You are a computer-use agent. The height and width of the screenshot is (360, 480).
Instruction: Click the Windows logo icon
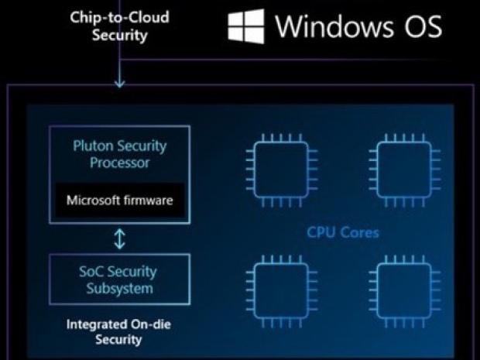246,26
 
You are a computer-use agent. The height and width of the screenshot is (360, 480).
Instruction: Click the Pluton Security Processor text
119,154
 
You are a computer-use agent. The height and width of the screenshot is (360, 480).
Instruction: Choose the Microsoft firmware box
119,201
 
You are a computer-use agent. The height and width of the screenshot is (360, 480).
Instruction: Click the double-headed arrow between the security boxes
119,238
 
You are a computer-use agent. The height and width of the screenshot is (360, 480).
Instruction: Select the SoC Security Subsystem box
119,279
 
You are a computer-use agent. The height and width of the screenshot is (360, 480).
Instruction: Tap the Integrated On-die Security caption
119,332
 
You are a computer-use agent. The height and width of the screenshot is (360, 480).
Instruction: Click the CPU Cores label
342,232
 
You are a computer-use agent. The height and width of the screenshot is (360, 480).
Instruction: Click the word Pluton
94,146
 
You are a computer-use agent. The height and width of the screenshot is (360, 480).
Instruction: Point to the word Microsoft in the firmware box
96,201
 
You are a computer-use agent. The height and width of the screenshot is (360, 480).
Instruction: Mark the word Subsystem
119,289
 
